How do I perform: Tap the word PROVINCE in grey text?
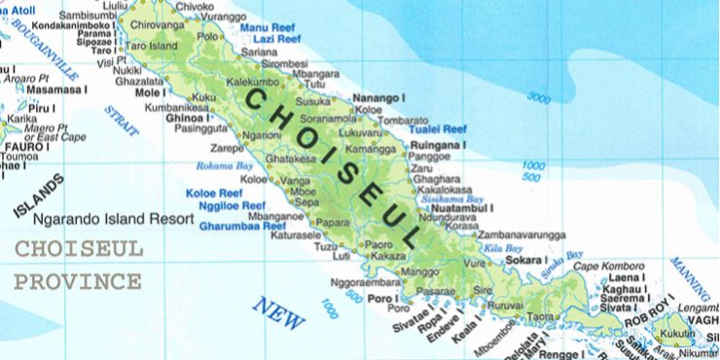pos(77,282)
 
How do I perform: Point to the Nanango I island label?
pos(378,98)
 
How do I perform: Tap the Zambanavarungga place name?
pos(521,235)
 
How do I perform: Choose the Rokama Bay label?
pos(218,166)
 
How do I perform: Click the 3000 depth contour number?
pos(538,96)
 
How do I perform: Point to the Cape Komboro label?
pos(608,266)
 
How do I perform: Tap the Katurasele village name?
pos(296,235)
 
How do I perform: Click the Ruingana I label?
pos(440,145)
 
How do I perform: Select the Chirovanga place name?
pos(157,23)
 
